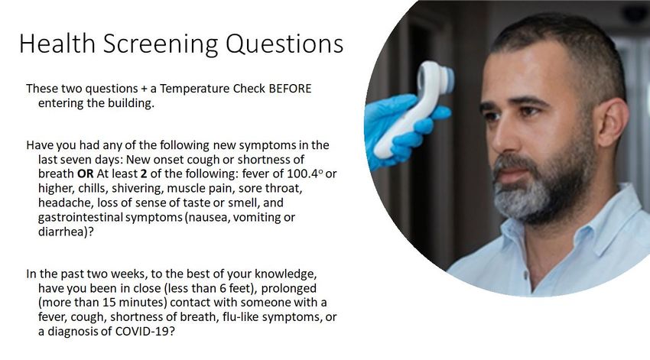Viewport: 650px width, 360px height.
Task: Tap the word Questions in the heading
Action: [x=284, y=43]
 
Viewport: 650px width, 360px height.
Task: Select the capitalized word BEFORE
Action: [x=290, y=89]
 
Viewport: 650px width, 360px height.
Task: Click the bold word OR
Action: [x=86, y=174]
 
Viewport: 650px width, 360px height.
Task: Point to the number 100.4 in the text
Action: [x=302, y=174]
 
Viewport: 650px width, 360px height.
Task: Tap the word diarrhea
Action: [x=60, y=232]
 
